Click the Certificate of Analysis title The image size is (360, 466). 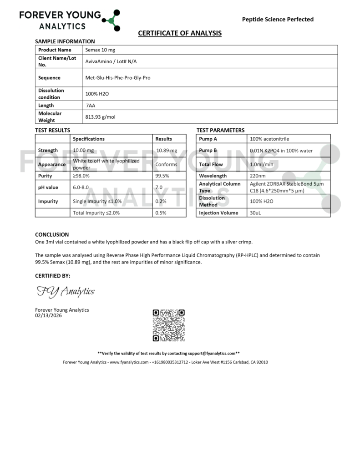coord(180,33)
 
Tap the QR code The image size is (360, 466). coord(168,325)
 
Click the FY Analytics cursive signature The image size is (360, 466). coord(65,291)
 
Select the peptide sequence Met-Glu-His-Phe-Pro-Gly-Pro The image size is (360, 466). coord(118,78)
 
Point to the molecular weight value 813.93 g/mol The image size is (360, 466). coord(101,117)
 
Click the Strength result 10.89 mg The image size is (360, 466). coord(166,151)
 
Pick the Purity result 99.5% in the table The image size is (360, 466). coord(162,176)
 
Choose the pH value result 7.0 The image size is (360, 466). coord(159,187)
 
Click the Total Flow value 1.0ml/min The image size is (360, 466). coord(262,164)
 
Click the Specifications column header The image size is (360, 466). coord(89,139)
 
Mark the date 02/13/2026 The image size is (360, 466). coord(48,316)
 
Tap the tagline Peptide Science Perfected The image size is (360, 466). coord(278,19)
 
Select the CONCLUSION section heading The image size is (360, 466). coord(52,235)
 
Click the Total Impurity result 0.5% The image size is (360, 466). coord(161,213)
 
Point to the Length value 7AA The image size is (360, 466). coord(91,106)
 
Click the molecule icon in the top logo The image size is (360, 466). coord(111,20)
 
